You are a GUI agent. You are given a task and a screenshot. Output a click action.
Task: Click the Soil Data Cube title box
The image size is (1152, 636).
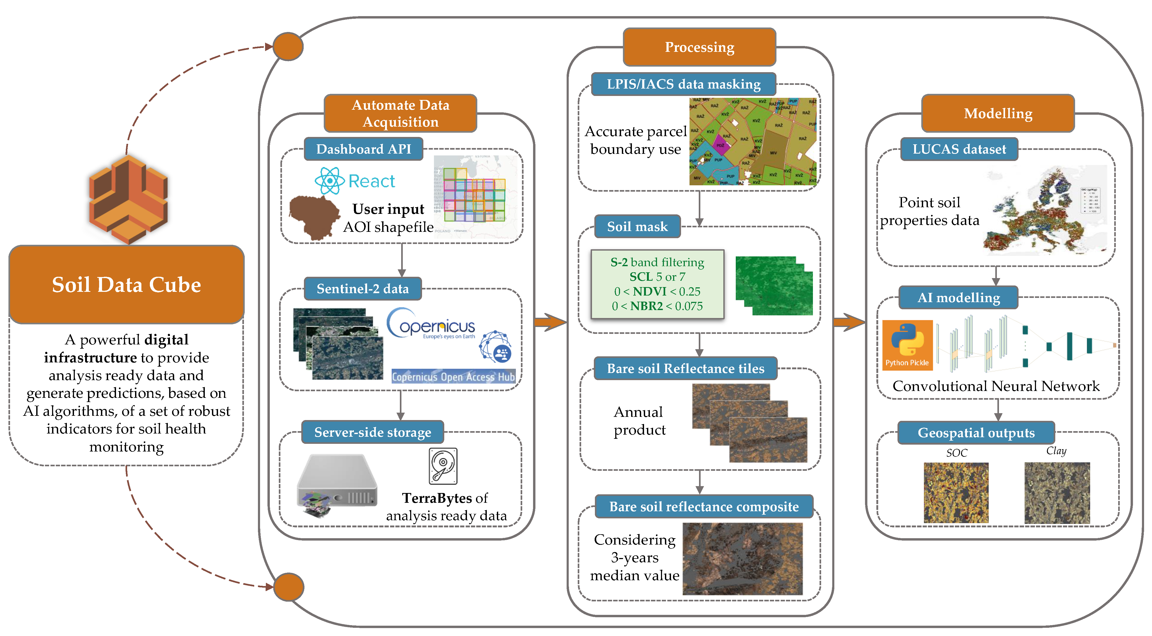[x=127, y=284]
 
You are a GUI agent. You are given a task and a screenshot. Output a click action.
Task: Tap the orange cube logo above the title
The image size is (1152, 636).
[x=128, y=200]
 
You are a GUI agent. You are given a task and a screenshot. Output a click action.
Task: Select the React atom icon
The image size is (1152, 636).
[x=330, y=181]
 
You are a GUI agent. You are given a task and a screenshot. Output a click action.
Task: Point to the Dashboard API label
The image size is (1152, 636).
[x=363, y=149]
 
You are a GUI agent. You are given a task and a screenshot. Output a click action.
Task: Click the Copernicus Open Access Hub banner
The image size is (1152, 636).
[x=453, y=377]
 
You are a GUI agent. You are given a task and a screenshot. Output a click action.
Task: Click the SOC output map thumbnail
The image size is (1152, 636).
[x=956, y=492]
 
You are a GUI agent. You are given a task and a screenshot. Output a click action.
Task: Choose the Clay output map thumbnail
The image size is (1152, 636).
[x=1057, y=492]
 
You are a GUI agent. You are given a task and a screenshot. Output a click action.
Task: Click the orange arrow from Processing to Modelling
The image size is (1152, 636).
[x=848, y=322]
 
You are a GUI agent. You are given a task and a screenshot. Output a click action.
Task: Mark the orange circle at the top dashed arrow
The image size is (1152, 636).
[x=288, y=47]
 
